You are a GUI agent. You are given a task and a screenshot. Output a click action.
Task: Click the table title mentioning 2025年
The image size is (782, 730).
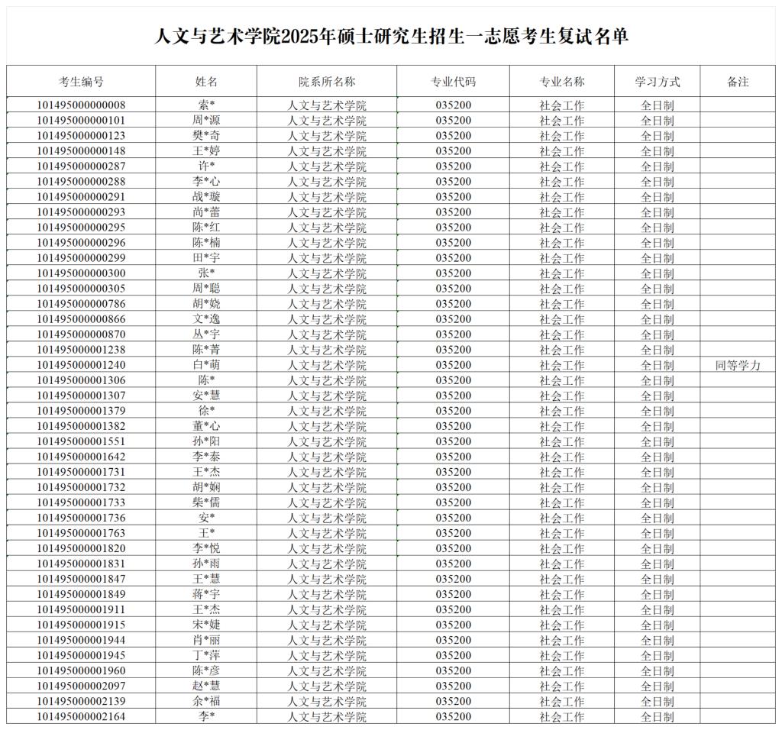(x=391, y=36)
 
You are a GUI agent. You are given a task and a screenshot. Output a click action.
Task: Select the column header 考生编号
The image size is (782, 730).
(x=82, y=82)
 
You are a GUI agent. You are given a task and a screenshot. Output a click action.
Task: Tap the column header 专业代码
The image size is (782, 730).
(x=454, y=82)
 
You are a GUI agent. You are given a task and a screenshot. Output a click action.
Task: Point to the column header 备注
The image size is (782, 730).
(x=738, y=82)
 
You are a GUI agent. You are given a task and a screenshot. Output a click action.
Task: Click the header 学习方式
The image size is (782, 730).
(x=657, y=82)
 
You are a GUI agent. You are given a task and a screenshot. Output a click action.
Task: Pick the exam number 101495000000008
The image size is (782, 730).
(x=82, y=105)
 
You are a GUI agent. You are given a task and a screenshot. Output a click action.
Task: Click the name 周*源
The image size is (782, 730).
(x=206, y=121)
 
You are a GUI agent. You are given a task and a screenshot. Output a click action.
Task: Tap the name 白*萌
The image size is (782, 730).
(x=206, y=365)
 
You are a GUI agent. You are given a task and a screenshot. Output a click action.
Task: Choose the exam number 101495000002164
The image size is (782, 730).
(x=82, y=716)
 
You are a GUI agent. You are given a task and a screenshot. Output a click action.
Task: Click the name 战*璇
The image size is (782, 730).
(x=206, y=197)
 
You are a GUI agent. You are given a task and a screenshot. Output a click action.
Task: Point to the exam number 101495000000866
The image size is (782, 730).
(x=82, y=319)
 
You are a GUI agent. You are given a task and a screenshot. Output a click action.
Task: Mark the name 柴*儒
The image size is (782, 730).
(x=206, y=502)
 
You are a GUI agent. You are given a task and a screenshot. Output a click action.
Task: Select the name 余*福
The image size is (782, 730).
(x=206, y=701)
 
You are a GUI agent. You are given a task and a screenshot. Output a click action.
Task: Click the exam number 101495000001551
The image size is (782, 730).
(x=82, y=441)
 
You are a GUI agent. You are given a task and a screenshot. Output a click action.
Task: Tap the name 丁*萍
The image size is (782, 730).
(x=206, y=655)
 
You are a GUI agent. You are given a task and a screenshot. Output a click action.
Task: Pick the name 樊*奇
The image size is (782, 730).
(x=206, y=136)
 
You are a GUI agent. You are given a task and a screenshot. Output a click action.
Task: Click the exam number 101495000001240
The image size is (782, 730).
(x=82, y=365)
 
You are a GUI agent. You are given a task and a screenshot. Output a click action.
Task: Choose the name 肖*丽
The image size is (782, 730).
(x=206, y=640)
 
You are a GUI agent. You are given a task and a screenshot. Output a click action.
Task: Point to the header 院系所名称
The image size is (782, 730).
(x=327, y=82)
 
